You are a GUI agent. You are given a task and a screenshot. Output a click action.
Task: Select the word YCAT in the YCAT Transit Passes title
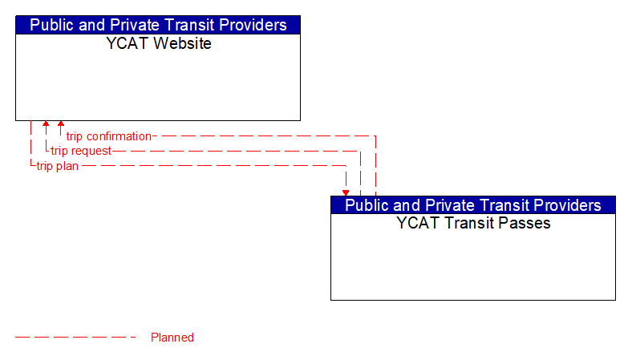click(x=415, y=224)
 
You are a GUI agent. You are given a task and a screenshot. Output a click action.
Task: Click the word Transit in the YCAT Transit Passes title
click(x=468, y=224)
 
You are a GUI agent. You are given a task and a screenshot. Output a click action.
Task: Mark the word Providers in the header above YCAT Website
click(x=252, y=25)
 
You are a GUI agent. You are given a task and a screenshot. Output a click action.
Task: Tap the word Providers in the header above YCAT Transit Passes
click(x=567, y=205)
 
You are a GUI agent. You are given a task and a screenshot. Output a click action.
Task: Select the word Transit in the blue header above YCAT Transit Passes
click(x=506, y=205)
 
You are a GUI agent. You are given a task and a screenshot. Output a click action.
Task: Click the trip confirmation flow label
click(x=108, y=136)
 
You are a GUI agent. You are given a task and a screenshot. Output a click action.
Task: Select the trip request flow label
click(x=81, y=151)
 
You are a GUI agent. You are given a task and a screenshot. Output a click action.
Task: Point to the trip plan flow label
click(x=57, y=166)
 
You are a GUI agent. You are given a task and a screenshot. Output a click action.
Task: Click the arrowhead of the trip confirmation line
click(x=61, y=125)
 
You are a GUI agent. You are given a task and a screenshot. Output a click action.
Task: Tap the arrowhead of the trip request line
click(x=46, y=125)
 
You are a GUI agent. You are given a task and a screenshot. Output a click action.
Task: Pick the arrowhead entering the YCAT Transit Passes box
click(x=346, y=192)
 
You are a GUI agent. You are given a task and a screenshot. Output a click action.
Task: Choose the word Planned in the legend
click(x=172, y=338)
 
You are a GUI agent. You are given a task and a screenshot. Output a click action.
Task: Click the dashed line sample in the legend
click(x=76, y=338)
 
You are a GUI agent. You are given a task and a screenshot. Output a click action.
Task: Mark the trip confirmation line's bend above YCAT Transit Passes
click(x=375, y=136)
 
